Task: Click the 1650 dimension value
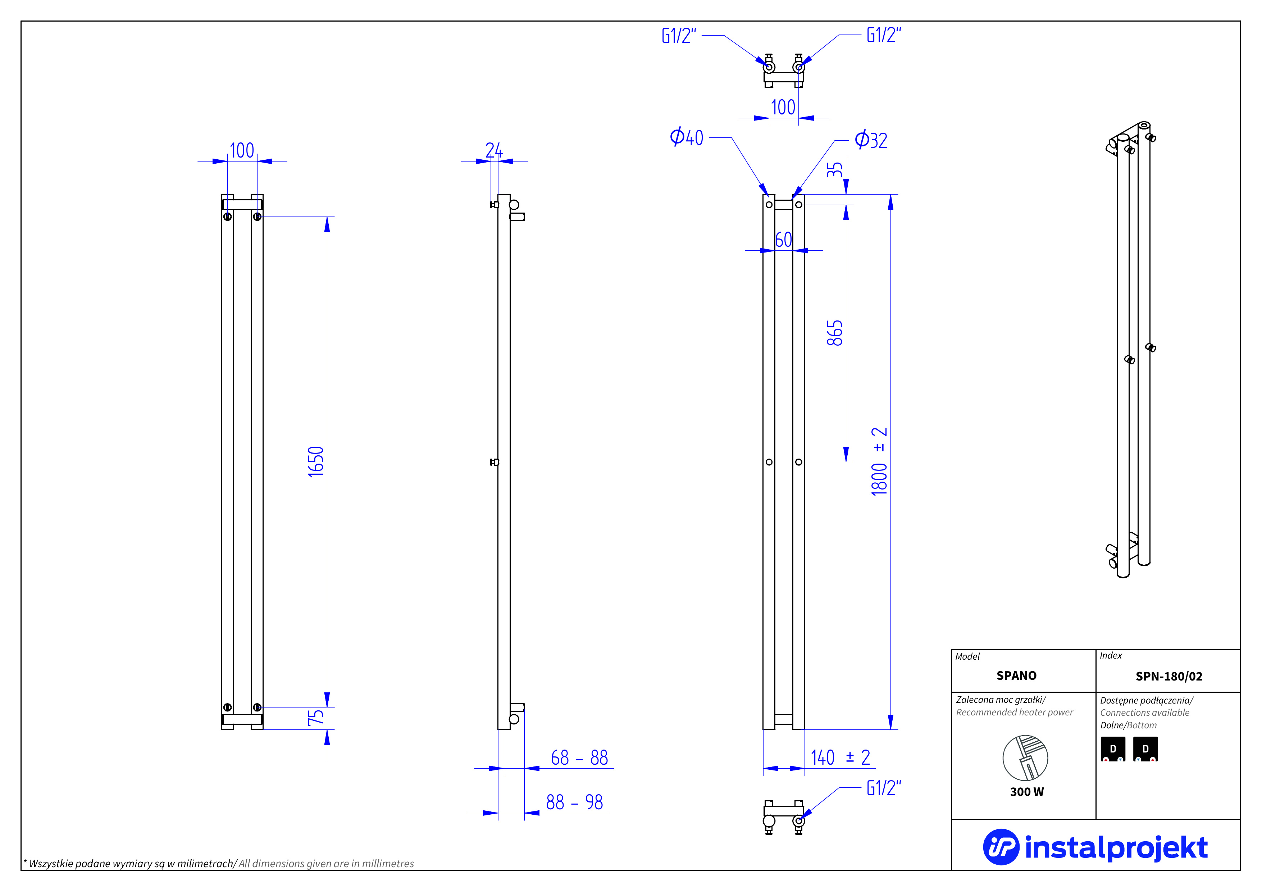point(316,462)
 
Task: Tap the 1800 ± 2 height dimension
point(879,462)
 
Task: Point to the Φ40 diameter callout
point(687,137)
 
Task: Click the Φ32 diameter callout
point(871,140)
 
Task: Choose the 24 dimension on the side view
point(493,150)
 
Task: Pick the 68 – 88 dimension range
point(579,758)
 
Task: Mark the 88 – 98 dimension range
point(574,802)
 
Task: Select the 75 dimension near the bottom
point(316,718)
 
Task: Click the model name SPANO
point(1016,675)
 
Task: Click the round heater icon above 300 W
point(1025,758)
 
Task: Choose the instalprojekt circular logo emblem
point(1001,847)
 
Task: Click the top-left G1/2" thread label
point(679,36)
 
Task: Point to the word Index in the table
point(1111,656)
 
